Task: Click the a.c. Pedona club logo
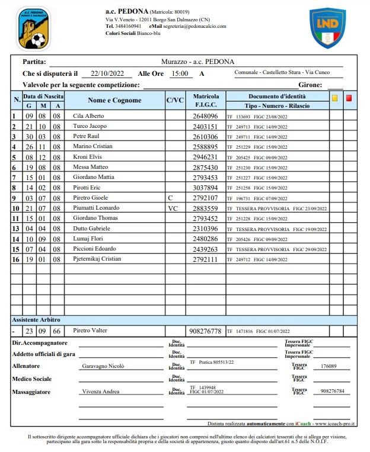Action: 33,28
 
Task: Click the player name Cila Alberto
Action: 88,116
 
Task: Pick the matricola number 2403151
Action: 205,126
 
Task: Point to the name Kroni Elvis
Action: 87,157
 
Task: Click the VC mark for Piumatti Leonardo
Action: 173,208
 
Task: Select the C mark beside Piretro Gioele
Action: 170,198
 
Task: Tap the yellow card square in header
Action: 334,98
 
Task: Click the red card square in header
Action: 349,98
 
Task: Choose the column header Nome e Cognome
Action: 114,100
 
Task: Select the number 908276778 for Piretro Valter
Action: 205,331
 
